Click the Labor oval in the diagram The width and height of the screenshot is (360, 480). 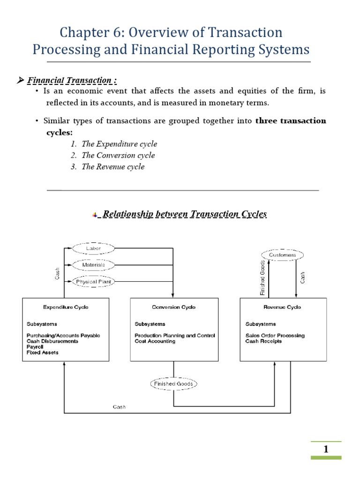coord(93,248)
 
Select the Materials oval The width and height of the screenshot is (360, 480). coord(93,265)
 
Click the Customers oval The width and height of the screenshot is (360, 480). coord(283,255)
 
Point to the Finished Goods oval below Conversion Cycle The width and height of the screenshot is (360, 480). coord(174,384)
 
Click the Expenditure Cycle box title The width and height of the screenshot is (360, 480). coord(66,307)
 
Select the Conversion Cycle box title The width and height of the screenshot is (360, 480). coord(174,307)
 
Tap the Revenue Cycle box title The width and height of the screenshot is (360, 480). coord(283,307)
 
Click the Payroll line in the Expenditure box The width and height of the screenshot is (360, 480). coord(35,347)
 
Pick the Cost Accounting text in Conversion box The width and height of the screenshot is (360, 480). coord(155,341)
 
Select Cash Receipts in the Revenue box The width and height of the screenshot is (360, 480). coord(263,341)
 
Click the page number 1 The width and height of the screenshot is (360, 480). coord(326,450)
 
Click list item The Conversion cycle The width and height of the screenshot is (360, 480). coord(118,155)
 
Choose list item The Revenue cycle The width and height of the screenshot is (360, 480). coord(113,166)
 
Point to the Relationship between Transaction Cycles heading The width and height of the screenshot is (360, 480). coord(184,214)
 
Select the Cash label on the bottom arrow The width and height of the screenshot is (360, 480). coord(119,407)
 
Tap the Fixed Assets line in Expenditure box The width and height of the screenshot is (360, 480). coord(43,352)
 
